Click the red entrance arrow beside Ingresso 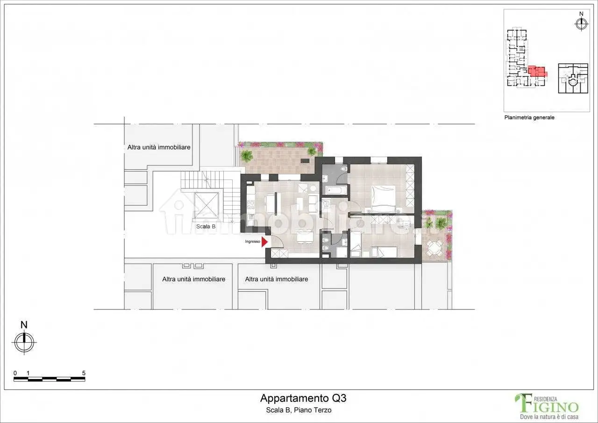264,242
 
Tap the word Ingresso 252,242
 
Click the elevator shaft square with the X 206,205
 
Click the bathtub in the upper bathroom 336,190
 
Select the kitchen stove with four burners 250,204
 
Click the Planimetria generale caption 529,118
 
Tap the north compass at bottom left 24,341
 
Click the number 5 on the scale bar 83,373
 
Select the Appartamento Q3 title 303,398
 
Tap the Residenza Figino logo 547,405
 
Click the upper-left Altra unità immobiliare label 159,147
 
